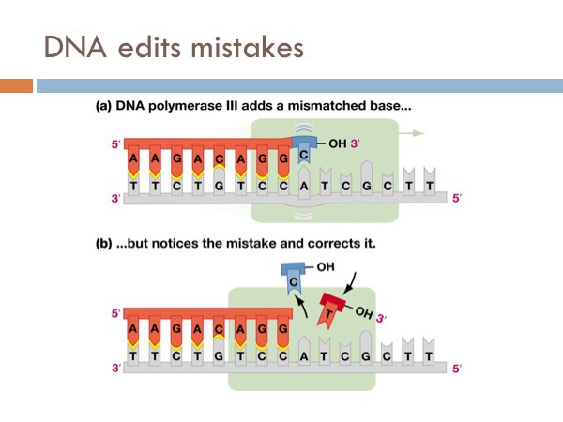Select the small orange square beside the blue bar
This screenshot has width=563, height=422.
16,85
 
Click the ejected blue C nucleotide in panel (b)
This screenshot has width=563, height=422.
294,281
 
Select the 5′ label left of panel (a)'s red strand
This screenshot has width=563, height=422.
116,144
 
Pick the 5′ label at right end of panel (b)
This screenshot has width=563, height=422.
458,368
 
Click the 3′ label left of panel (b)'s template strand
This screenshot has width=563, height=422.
116,368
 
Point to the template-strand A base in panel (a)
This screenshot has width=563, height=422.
307,185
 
